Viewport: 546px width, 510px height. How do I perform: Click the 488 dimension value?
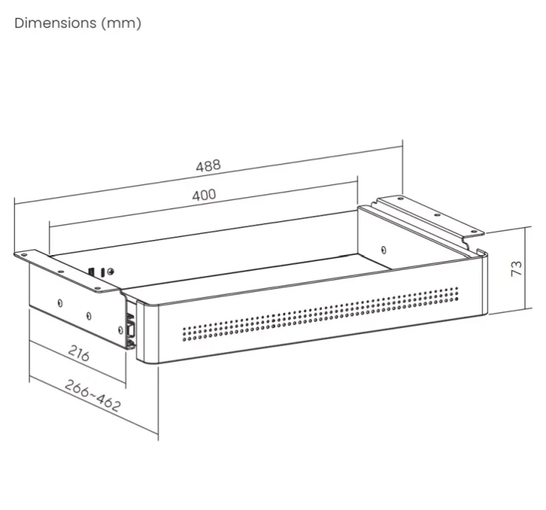click(x=208, y=166)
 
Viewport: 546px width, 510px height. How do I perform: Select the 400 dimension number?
click(x=203, y=195)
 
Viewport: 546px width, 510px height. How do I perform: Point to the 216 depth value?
click(x=79, y=354)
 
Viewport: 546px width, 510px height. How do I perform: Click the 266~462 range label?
click(x=93, y=395)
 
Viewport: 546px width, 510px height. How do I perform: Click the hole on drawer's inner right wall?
click(x=384, y=250)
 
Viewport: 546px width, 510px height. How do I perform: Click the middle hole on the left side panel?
click(x=89, y=316)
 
